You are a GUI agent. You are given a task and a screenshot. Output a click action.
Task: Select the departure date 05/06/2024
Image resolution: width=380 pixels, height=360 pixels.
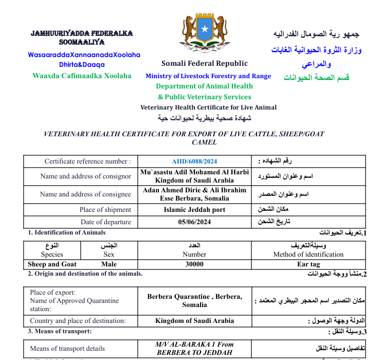194,222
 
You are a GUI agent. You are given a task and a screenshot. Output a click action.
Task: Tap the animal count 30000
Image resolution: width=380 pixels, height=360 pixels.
194,264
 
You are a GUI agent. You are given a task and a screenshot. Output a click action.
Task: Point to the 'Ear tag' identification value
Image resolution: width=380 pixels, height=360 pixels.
309,264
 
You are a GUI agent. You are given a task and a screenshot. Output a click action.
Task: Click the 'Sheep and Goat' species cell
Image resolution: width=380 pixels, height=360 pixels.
52,264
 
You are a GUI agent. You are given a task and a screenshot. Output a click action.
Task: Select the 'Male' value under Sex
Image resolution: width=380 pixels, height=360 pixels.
109,264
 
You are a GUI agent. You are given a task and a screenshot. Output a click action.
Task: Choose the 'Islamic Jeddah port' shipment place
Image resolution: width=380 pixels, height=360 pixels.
194,210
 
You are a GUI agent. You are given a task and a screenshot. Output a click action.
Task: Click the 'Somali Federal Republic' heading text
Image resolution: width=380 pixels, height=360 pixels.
205,64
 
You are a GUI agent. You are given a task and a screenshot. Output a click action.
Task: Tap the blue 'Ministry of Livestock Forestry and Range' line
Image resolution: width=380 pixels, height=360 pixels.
208,76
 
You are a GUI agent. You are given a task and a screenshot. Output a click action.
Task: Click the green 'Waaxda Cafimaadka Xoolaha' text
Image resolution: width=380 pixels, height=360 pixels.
82,76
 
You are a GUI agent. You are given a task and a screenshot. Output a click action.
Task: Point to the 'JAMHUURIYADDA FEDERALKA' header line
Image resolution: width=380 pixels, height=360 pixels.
82,33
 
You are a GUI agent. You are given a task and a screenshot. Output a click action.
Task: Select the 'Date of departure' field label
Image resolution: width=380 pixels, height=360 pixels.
105,222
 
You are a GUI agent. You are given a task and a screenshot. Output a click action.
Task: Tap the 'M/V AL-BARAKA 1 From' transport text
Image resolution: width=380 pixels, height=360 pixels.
194,344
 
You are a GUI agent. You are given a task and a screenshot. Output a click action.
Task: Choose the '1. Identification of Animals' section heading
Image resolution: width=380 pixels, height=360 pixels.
66,232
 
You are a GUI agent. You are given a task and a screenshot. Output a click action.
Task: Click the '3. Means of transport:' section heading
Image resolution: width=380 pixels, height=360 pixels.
60,331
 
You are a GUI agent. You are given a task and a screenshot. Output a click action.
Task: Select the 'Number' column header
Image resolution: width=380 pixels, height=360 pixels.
194,254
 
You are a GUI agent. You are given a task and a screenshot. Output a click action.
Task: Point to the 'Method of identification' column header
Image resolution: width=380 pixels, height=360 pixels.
309,254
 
